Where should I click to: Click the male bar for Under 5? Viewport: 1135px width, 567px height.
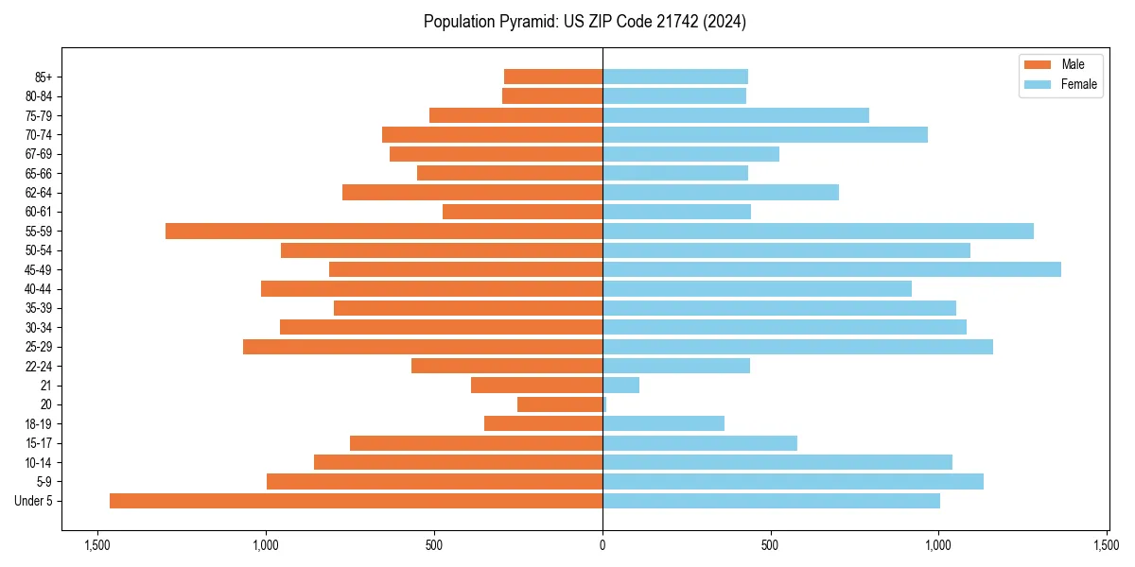(356, 501)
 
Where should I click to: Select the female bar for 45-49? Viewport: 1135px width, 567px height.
(831, 269)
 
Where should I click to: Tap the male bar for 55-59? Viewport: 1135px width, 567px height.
(384, 231)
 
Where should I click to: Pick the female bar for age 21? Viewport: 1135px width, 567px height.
(620, 385)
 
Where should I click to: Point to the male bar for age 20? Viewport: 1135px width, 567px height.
(560, 404)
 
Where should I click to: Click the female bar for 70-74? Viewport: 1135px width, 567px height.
(765, 134)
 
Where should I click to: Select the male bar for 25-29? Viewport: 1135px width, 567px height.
(423, 347)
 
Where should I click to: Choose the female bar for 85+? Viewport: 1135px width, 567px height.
(675, 77)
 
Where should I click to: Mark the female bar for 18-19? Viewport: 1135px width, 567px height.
(663, 423)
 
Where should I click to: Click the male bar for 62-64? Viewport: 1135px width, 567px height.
(472, 192)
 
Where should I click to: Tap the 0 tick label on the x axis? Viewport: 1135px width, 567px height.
(602, 545)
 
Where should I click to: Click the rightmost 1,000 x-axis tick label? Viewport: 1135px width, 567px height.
(938, 545)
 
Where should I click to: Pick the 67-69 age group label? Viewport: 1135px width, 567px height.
(38, 154)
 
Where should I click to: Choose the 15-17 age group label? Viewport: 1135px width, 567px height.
(38, 443)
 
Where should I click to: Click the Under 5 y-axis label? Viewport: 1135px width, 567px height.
(34, 501)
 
